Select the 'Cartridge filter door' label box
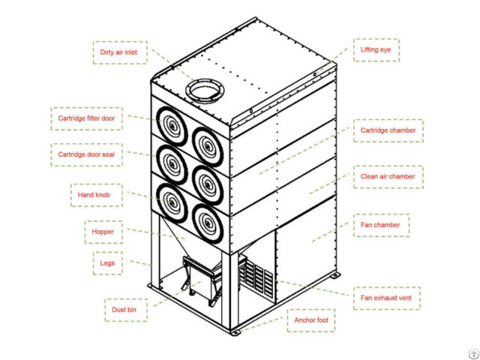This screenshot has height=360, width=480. click(x=87, y=118)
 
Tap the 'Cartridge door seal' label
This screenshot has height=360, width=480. click(x=87, y=154)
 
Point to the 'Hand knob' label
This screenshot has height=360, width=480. click(x=95, y=195)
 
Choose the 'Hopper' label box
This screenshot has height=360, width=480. click(x=103, y=232)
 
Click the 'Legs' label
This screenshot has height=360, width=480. click(x=106, y=263)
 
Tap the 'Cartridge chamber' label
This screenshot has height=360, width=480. click(x=388, y=130)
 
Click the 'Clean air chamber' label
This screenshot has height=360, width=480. click(x=388, y=177)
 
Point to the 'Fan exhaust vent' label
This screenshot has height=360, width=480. click(x=385, y=298)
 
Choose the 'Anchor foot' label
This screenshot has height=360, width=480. click(x=312, y=321)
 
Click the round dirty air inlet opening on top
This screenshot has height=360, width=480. click(x=204, y=90)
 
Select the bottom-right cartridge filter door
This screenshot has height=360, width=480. click(x=208, y=220)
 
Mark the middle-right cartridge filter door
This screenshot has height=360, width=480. click(x=208, y=180)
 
